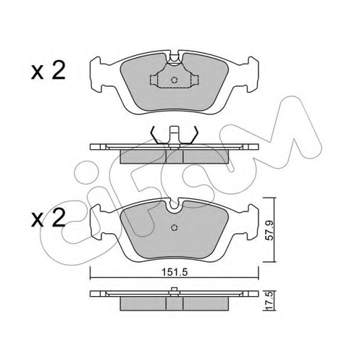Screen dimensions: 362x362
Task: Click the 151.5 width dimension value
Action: (x=174, y=272)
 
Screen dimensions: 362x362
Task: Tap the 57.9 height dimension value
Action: (x=270, y=230)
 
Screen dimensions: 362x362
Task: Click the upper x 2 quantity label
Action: (x=49, y=70)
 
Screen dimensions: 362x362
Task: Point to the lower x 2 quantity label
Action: (x=49, y=218)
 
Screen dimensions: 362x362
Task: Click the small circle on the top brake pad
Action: (x=174, y=80)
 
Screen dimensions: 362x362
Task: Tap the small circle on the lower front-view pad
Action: (x=174, y=227)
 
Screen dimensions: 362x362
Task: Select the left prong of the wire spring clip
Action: (x=157, y=135)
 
